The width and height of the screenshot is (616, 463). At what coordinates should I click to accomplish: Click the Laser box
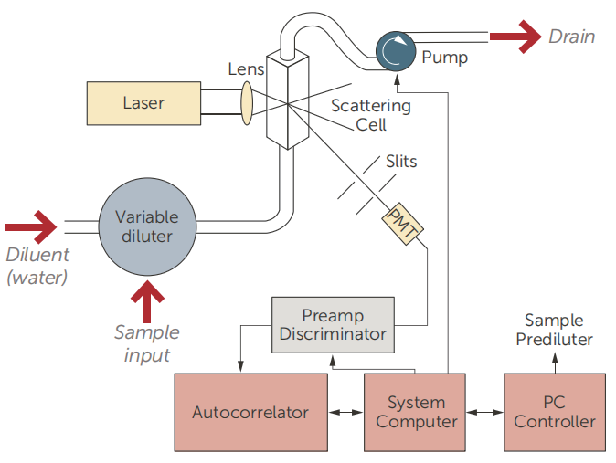pyautogui.click(x=143, y=102)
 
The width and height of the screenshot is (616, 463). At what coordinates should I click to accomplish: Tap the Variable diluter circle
pyautogui.click(x=147, y=226)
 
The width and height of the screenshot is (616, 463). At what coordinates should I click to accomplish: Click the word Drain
pyautogui.click(x=571, y=37)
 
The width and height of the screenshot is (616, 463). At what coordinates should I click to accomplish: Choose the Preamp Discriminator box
pyautogui.click(x=333, y=324)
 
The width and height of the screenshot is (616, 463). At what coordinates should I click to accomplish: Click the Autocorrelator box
pyautogui.click(x=250, y=412)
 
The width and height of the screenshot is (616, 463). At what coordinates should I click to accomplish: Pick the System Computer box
pyautogui.click(x=416, y=412)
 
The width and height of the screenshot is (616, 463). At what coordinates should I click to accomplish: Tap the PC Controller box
pyautogui.click(x=554, y=412)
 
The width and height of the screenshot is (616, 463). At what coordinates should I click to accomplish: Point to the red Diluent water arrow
pyautogui.click(x=29, y=225)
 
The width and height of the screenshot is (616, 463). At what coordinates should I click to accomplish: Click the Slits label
pyautogui.click(x=400, y=162)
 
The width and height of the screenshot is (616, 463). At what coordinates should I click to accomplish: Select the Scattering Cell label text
pyautogui.click(x=370, y=115)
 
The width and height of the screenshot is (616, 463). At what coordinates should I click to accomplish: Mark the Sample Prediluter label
pyautogui.click(x=554, y=330)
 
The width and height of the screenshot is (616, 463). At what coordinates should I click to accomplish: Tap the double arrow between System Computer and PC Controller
pyautogui.click(x=485, y=413)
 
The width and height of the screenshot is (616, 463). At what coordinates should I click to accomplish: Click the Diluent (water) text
pyautogui.click(x=37, y=266)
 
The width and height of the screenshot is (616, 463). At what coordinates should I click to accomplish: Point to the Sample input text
pyautogui.click(x=146, y=342)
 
